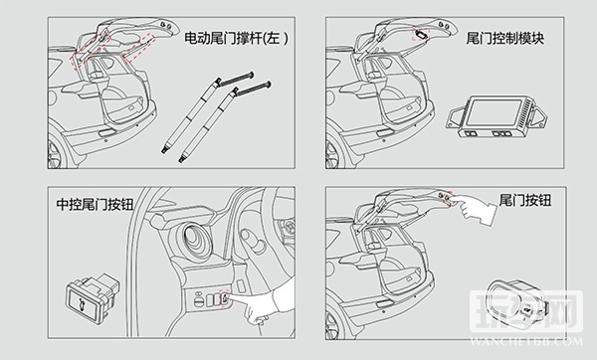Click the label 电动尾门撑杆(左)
pos(236,38)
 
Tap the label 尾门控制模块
pos(504,38)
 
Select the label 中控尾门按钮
pos(95,204)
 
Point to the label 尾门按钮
pos(524,200)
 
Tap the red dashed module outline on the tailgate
pos(421,34)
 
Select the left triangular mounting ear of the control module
pos(456,118)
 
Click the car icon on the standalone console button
pos(83,304)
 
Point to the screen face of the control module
pos(495,112)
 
